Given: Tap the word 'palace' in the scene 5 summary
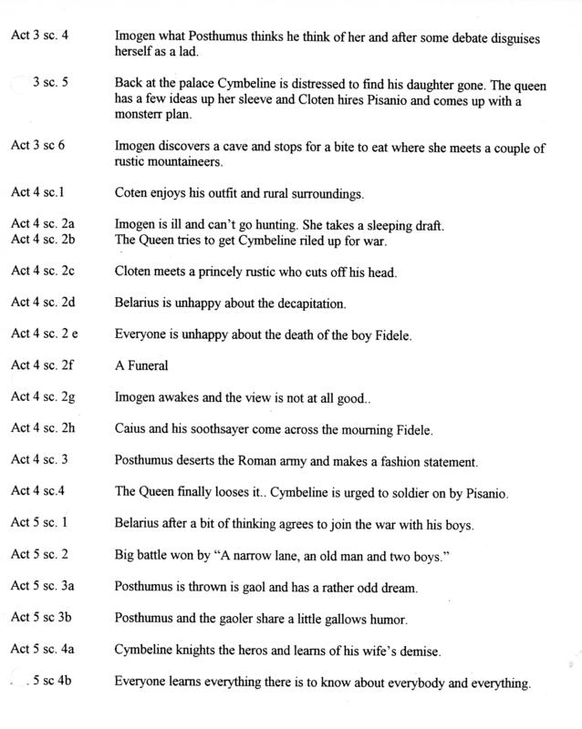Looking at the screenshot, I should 201,86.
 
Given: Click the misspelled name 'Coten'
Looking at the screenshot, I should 132,193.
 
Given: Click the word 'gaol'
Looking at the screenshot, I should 259,588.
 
